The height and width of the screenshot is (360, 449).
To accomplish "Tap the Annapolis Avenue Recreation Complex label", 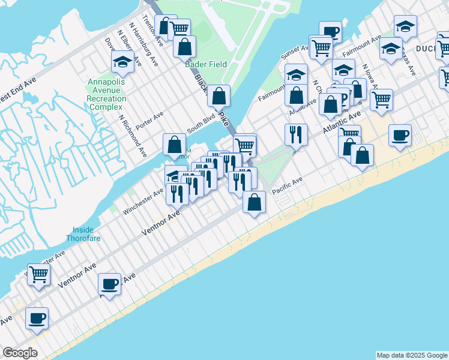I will click(x=106, y=94).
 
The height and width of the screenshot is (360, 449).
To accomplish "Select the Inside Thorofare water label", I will click(x=83, y=234).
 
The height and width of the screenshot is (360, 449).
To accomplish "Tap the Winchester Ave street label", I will click(x=143, y=201).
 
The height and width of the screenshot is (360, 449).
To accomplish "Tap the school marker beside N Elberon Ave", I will click(x=122, y=62).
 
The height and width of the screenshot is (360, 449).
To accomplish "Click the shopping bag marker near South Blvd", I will click(x=174, y=145).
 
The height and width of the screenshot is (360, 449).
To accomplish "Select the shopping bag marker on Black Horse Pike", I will click(x=220, y=96).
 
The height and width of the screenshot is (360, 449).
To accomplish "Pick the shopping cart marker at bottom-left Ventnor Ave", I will click(x=39, y=275).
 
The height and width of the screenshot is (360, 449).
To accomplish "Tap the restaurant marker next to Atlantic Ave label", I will click(x=296, y=134).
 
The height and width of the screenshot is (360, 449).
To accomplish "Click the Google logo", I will click(x=20, y=353).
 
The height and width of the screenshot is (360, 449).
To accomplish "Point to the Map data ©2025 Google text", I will click(x=412, y=355).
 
